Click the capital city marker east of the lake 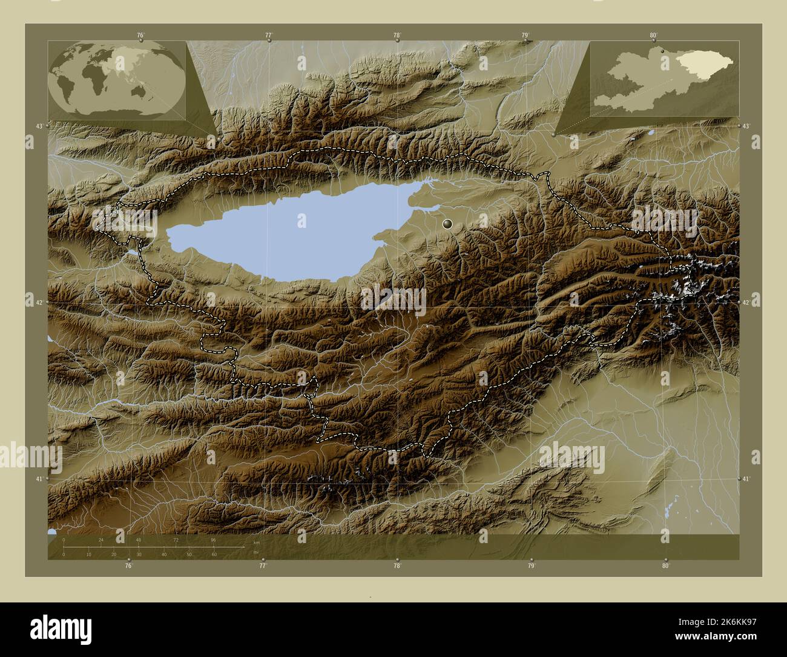coord(448,224)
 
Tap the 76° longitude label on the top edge coord(140,36)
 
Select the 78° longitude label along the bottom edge coord(397,565)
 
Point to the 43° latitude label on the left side coord(39,126)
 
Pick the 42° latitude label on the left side coord(39,302)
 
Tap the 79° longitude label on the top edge coord(525,36)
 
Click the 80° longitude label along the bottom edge coord(665,565)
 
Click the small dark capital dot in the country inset coord(664,51)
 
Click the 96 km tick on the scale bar coord(213,539)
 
